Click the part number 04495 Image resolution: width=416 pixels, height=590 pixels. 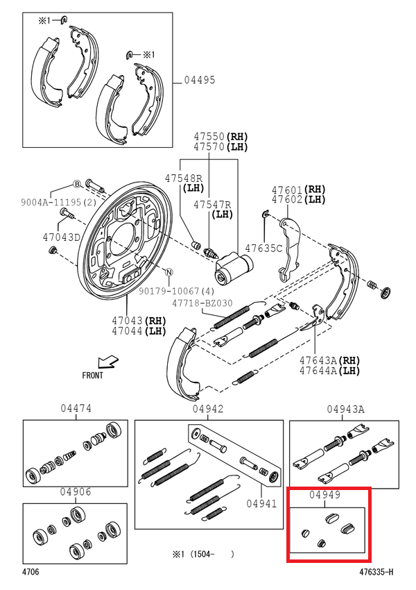pyautogui.click(x=199, y=81)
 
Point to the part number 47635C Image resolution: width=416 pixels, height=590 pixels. pyautogui.click(x=266, y=248)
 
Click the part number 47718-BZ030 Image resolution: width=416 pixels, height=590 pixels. pyautogui.click(x=202, y=303)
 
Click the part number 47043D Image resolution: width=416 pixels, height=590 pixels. pyautogui.click(x=62, y=237)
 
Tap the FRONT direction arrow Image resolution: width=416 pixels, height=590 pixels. pyautogui.click(x=108, y=361)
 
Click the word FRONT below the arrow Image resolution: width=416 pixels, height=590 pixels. pyautogui.click(x=92, y=376)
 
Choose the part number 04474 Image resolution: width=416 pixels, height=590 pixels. pyautogui.click(x=76, y=410)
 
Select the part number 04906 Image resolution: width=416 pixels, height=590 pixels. pyautogui.click(x=75, y=492)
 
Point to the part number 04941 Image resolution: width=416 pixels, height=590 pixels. pyautogui.click(x=263, y=504)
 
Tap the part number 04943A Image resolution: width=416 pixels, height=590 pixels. pyautogui.click(x=345, y=410)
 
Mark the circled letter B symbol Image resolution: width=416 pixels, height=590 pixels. pyautogui.click(x=78, y=184)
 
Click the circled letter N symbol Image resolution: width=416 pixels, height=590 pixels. pyautogui.click(x=169, y=271)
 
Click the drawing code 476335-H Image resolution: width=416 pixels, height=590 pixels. pyautogui.click(x=376, y=573)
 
